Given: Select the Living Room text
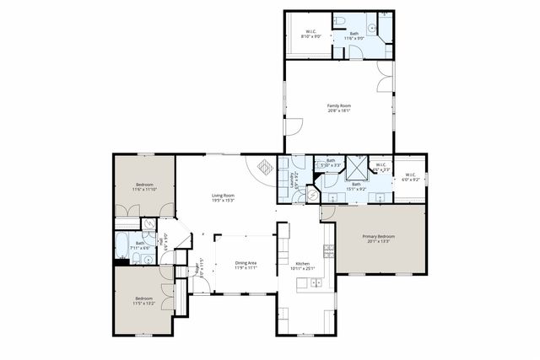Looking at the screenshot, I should [223, 197].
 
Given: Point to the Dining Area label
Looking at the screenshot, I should [246, 266].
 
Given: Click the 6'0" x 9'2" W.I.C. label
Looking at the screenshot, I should [410, 177].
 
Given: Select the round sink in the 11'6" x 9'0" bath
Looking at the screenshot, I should [371, 27].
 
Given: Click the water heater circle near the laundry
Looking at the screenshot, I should [310, 195].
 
